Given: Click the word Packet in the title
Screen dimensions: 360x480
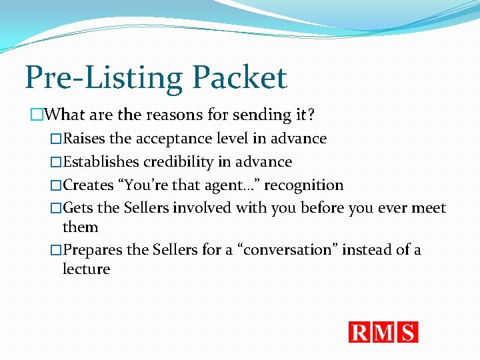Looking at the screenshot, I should tap(240, 79).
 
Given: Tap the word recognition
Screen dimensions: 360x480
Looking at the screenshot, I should tap(304, 185).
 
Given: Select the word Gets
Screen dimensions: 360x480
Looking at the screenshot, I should tap(78, 209).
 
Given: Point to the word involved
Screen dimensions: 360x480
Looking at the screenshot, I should tap(203, 209).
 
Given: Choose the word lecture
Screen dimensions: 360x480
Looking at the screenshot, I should tap(86, 269).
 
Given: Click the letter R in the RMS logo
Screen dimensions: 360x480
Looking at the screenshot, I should tap(360, 332).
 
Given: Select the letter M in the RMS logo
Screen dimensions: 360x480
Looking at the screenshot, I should tap(384, 332).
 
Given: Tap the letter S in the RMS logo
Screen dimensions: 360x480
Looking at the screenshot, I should tap(407, 332).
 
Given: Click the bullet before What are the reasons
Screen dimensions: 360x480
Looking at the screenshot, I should tap(37, 115).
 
